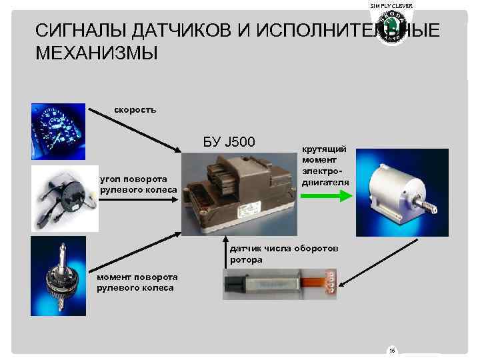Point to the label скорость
135,109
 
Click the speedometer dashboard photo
57,130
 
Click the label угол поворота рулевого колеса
138,185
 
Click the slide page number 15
391,350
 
